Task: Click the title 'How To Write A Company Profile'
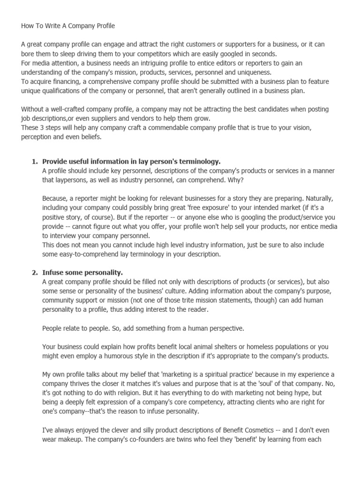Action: (x=67, y=26)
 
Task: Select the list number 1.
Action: (x=34, y=161)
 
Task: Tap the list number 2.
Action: (x=34, y=272)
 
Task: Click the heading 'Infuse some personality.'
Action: (x=82, y=272)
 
